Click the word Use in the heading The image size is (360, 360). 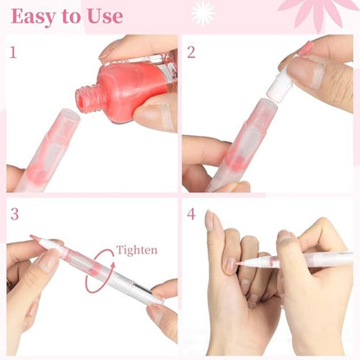click(105, 16)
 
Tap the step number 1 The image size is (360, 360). click(13, 53)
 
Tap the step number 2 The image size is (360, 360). click(191, 52)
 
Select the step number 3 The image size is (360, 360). click(15, 214)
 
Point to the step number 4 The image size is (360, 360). click(191, 214)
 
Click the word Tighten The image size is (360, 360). click(137, 250)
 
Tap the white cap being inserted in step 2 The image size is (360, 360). click(277, 85)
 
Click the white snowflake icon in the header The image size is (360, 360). click(203, 13)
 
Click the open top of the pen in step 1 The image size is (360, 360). click(69, 114)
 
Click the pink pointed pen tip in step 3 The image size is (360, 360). click(35, 238)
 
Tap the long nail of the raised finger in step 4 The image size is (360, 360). click(209, 221)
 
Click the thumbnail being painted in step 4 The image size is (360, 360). click(231, 265)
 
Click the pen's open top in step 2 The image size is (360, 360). click(265, 103)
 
